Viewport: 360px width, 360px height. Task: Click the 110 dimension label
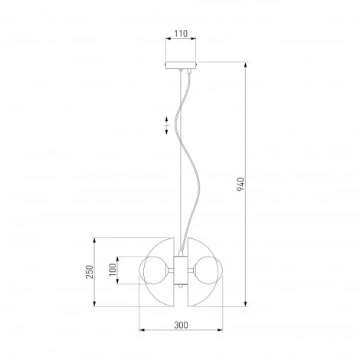(x=181, y=34)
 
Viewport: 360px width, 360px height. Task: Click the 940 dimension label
(x=241, y=184)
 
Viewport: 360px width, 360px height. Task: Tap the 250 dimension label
(x=90, y=272)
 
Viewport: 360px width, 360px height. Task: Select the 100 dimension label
(x=113, y=270)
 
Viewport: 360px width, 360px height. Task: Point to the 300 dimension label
(x=181, y=325)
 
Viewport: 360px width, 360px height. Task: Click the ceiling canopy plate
(x=181, y=65)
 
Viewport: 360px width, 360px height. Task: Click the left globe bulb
(x=153, y=270)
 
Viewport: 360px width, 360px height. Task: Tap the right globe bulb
(x=208, y=270)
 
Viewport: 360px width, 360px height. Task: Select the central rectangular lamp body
(x=181, y=270)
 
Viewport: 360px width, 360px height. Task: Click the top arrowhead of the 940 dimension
(x=246, y=64)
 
